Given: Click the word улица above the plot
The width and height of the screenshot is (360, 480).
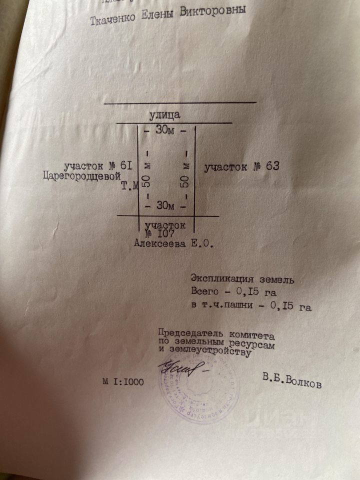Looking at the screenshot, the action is coord(164,115).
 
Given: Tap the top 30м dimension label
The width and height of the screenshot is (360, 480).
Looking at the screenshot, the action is coord(165,130).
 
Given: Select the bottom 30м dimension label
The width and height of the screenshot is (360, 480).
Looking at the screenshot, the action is coord(165,205).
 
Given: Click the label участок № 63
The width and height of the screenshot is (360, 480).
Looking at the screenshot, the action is coord(241,167).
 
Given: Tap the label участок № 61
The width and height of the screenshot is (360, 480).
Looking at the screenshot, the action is coord(97,165).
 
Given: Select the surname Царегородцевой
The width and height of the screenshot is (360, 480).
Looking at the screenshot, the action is coord(82,176).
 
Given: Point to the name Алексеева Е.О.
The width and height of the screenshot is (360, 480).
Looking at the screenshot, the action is coord(173,244).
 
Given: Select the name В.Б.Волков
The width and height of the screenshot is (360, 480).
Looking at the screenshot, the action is coord(292,381).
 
